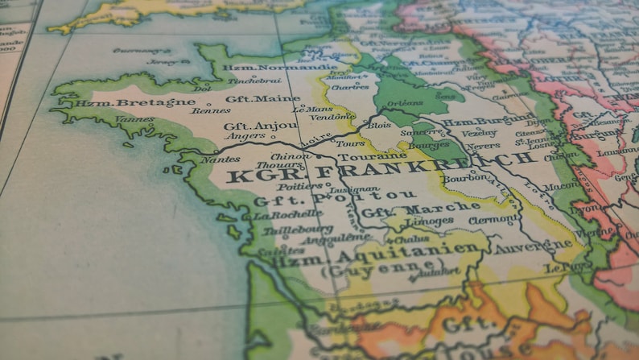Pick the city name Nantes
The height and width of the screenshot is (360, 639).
[221, 160]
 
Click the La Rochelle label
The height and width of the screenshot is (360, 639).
[282, 216]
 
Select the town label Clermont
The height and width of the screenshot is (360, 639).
[492, 219]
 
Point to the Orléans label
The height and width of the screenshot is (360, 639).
[405, 104]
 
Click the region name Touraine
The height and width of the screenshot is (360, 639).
[361, 156]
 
